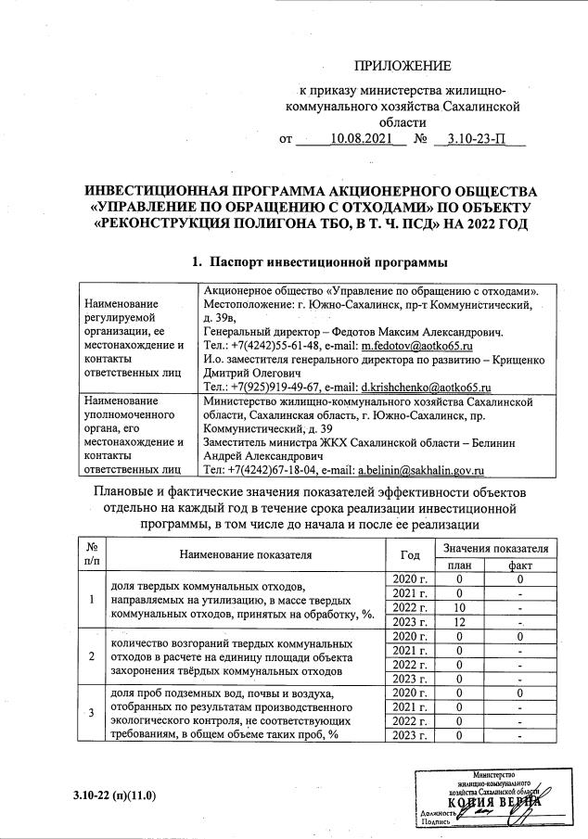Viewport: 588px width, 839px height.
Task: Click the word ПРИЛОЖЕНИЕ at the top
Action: [403, 66]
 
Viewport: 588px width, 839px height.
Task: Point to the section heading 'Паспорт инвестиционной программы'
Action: [313, 261]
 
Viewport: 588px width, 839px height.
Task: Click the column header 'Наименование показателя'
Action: [247, 555]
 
